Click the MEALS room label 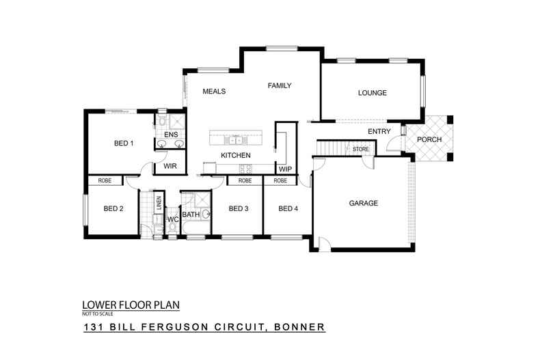[214, 92]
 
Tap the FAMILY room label [280, 86]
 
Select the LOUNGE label [373, 93]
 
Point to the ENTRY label [379, 131]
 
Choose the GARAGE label [364, 204]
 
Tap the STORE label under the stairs [360, 148]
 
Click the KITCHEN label [235, 156]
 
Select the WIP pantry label [285, 169]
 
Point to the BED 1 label [124, 143]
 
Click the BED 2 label [113, 209]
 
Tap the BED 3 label [238, 209]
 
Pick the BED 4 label [288, 209]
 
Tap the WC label [173, 219]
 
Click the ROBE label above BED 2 [105, 181]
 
